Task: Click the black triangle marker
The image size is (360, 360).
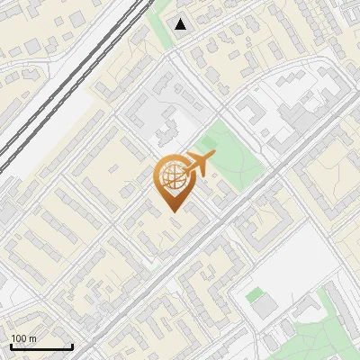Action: [x=181, y=24]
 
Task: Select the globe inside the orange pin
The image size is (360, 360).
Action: [x=171, y=179]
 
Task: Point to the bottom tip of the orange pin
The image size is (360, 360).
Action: [x=171, y=211]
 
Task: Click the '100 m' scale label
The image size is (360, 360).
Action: [x=24, y=338]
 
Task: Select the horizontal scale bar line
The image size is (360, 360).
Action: [x=41, y=347]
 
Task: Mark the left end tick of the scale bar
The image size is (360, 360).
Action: [x=11, y=346]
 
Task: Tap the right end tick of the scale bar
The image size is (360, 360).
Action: [x=72, y=346]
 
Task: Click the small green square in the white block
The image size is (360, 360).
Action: [x=255, y=293]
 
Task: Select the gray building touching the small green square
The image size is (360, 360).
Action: [x=263, y=307]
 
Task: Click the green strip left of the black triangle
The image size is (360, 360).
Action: [x=162, y=27]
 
